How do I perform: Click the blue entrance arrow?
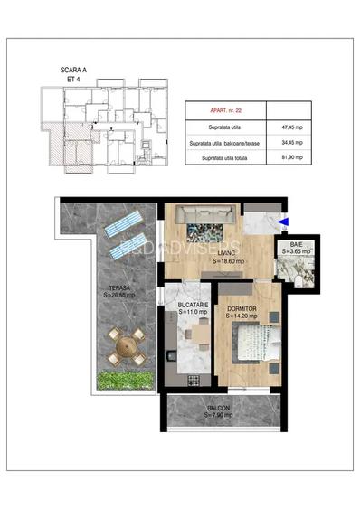tap(284, 222)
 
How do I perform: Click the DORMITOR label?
tap(243, 307)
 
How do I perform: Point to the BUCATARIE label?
tap(193, 305)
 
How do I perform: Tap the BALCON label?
tap(217, 408)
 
